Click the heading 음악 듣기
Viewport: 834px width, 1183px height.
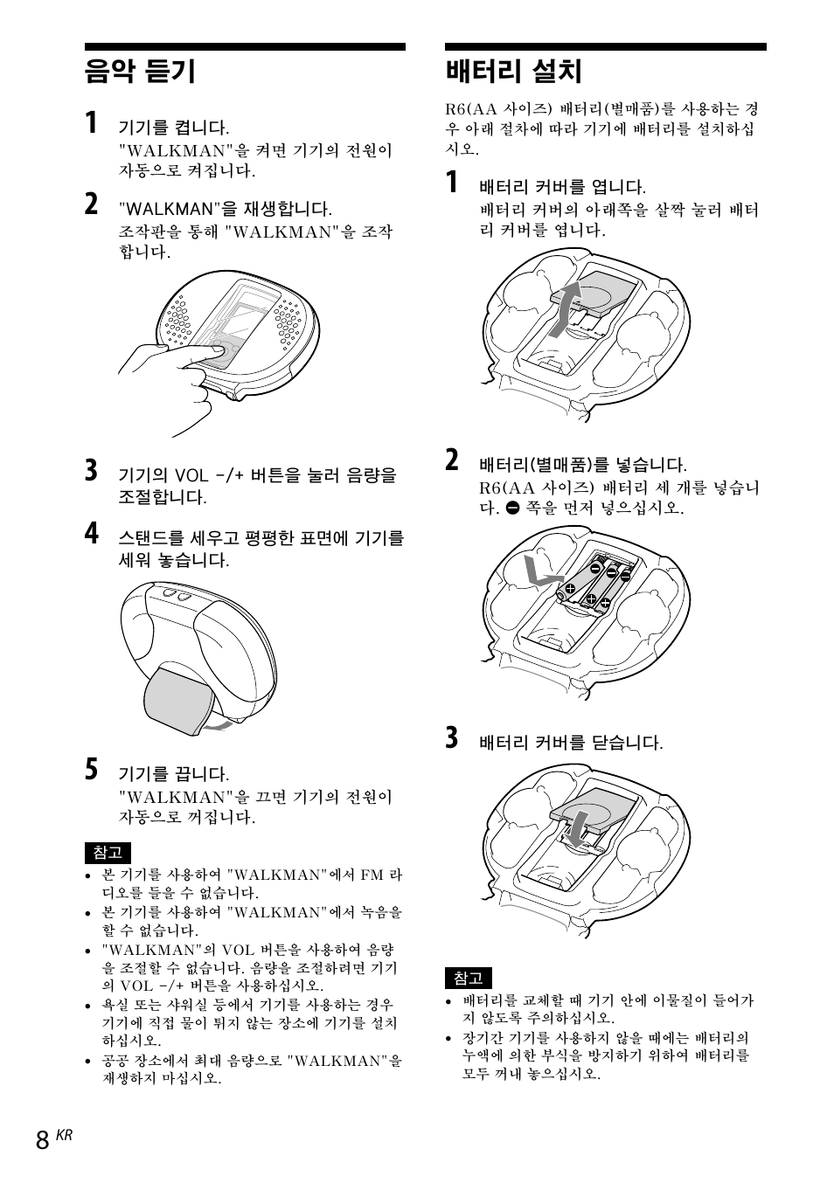140,71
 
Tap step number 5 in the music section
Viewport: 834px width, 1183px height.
92,770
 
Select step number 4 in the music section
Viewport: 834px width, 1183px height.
92,533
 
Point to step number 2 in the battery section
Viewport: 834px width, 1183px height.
451,460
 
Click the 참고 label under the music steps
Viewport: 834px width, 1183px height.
107,853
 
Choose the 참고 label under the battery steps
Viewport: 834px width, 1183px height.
469,979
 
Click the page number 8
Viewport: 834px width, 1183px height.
43,1140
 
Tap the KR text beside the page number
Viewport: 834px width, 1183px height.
64,1135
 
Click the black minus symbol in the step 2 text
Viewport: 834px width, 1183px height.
512,508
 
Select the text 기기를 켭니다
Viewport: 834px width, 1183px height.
174,128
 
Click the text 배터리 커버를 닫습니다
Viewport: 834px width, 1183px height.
570,743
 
